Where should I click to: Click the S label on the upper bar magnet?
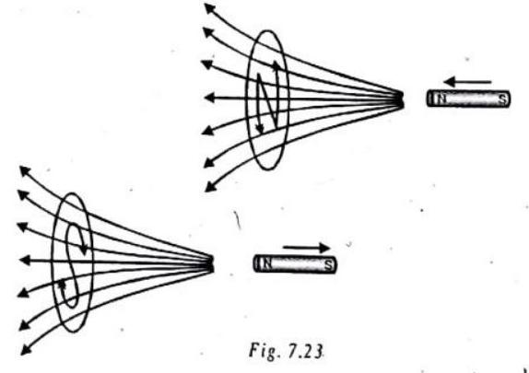(x=503, y=99)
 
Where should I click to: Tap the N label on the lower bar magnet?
(x=267, y=263)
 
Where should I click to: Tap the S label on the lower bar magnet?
(x=328, y=265)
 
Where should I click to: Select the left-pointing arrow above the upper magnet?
(x=467, y=82)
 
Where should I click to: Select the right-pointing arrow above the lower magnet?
(x=306, y=249)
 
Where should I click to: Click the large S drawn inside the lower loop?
(x=75, y=264)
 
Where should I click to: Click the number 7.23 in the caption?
(x=306, y=351)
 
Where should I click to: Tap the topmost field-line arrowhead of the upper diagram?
(x=210, y=8)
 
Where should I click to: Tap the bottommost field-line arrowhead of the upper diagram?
(x=210, y=186)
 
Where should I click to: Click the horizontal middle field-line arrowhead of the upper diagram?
(x=209, y=98)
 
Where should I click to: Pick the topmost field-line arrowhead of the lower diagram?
(x=25, y=170)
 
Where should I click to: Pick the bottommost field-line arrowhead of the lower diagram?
(x=26, y=349)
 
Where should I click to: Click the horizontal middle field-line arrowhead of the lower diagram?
(x=25, y=261)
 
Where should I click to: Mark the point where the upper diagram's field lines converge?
(x=400, y=99)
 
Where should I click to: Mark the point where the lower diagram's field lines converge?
(x=210, y=263)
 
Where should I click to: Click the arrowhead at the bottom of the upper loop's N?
(x=260, y=129)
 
